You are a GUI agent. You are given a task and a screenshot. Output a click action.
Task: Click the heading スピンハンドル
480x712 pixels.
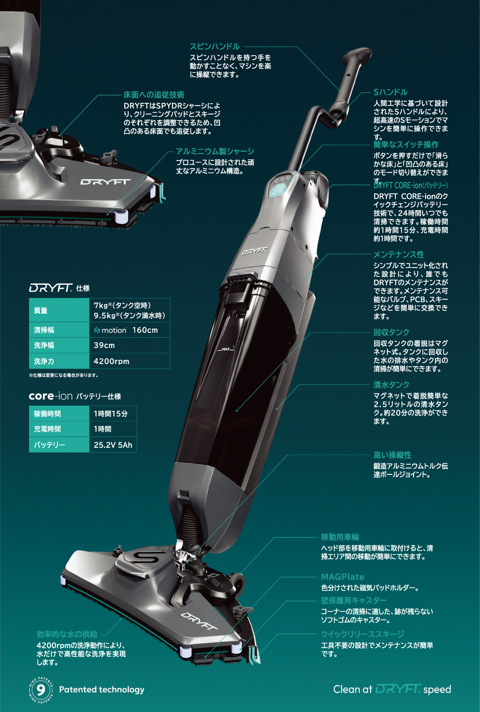[x=215, y=46]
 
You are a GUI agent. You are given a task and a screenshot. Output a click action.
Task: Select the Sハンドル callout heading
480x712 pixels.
[x=391, y=92]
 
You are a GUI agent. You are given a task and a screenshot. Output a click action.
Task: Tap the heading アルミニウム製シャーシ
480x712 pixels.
[x=215, y=151]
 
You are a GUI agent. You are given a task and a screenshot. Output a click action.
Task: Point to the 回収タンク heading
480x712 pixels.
[x=391, y=332]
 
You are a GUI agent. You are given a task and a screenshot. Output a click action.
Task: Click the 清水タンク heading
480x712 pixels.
[x=391, y=384]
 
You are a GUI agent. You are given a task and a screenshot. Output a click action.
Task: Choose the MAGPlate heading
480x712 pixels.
[x=342, y=577]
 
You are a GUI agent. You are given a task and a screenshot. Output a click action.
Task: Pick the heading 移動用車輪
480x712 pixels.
[x=340, y=537]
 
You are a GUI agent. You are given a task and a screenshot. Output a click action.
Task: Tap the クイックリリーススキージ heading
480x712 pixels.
[x=362, y=634]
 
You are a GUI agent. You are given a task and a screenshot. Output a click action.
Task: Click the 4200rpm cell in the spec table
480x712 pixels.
[x=111, y=361]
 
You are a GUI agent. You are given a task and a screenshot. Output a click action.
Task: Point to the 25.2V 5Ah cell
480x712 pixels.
[x=113, y=445]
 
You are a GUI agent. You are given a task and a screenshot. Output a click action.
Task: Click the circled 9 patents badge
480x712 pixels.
[x=41, y=690]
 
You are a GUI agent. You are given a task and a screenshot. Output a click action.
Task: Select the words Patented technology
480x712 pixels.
[x=102, y=689]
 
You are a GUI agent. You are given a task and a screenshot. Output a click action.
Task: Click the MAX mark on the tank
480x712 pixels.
[x=225, y=349]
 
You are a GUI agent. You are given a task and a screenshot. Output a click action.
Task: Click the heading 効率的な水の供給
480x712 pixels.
[x=67, y=634]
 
